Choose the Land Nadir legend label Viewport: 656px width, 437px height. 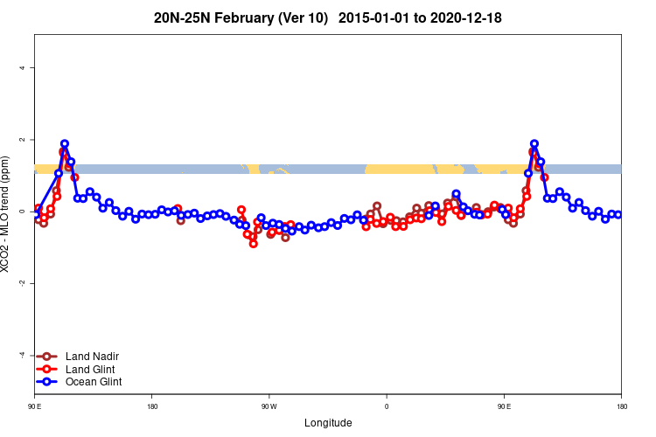coord(92,357)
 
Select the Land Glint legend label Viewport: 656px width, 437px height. coord(91,369)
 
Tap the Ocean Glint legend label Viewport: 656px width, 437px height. coord(94,382)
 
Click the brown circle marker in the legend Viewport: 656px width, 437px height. coord(48,357)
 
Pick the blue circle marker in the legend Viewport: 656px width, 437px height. coord(48,382)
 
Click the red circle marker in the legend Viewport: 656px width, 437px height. coord(48,369)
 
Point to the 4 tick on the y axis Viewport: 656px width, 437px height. coord(26,68)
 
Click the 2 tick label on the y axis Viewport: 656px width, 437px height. coord(26,140)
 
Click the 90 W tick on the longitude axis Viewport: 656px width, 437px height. coord(269,406)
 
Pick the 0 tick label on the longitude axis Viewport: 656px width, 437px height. coord(387,406)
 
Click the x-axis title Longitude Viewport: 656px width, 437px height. coord(328,423)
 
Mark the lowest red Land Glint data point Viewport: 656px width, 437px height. coord(254,244)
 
